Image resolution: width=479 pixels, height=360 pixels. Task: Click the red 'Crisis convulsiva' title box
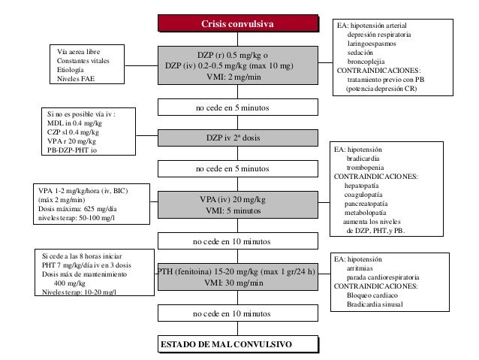(238, 23)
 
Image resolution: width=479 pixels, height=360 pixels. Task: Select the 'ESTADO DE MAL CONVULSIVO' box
(238, 344)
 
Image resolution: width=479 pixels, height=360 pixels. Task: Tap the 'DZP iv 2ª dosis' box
(238, 138)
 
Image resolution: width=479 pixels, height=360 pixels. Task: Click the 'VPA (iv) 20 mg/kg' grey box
(238, 204)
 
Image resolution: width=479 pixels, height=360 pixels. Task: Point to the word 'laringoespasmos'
(372, 44)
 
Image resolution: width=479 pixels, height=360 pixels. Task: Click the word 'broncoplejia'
(366, 62)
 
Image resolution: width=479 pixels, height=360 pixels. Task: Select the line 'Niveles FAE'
(76, 79)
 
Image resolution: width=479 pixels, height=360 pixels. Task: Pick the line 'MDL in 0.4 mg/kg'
(74, 123)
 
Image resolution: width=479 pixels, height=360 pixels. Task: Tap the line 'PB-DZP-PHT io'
(72, 150)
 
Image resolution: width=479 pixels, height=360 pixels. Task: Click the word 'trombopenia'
(365, 168)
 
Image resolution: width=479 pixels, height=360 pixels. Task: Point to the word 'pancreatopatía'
(366, 204)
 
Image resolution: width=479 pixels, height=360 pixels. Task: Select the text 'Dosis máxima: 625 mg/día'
(77, 209)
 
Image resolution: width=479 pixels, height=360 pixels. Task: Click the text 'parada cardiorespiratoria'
(383, 277)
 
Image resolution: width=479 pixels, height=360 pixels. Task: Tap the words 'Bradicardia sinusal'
(375, 304)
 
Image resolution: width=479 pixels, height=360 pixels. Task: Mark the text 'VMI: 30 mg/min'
(233, 283)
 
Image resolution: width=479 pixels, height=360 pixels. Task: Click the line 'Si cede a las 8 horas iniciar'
(82, 256)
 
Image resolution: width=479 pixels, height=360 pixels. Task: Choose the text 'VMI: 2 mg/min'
(233, 77)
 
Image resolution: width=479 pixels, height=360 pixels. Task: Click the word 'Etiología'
(71, 70)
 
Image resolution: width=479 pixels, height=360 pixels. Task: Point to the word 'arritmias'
(360, 268)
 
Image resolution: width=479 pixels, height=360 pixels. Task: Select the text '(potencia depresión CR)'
(381, 89)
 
